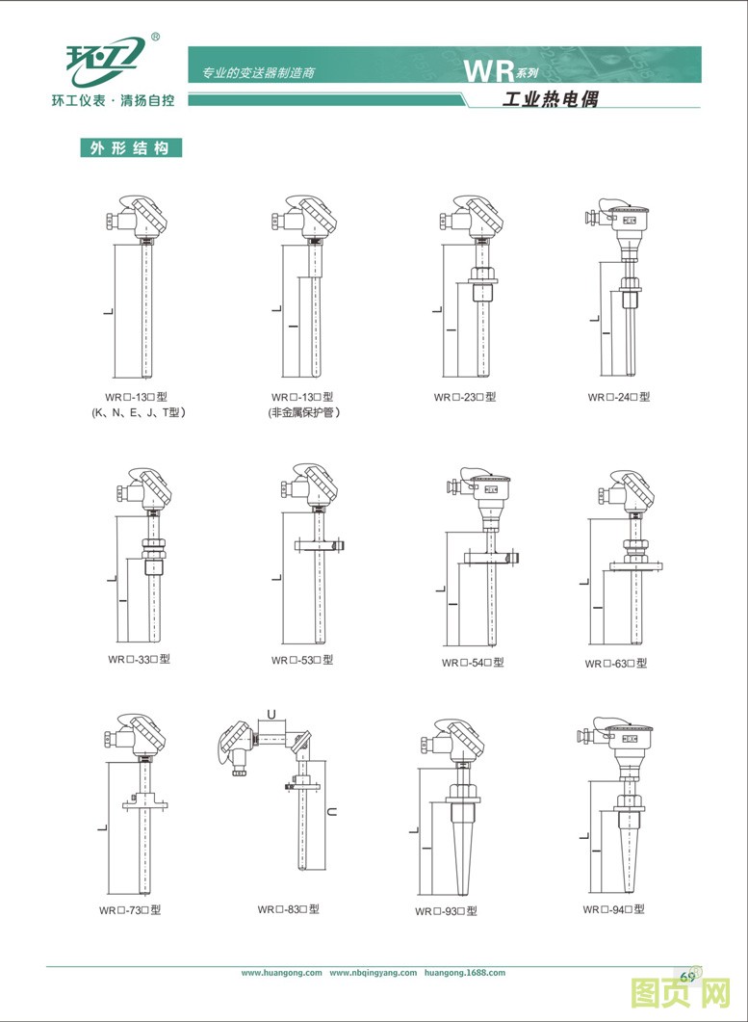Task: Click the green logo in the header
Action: pos(104,62)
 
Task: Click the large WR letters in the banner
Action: pos(489,71)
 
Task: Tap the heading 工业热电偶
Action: pos(551,98)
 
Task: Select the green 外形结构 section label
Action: pos(131,148)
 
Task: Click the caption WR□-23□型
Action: pos(465,397)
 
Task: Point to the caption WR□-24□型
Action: pos(618,397)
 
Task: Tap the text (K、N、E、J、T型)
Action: pos(138,412)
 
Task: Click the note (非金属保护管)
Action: pos(303,412)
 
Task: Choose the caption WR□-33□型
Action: pos(139,659)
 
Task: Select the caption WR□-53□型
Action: pos(302,660)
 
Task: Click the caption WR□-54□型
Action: pos(473,663)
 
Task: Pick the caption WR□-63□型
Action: pos(616,664)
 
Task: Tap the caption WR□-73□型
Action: pos(130,910)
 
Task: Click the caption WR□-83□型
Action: pos(288,909)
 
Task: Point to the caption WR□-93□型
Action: pos(446,911)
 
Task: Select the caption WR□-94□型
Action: pos(613,909)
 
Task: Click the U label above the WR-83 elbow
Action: pos(271,715)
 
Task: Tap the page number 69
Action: pos(687,977)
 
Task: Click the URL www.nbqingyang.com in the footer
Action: pos(373,973)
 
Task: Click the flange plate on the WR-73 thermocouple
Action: pos(144,804)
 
